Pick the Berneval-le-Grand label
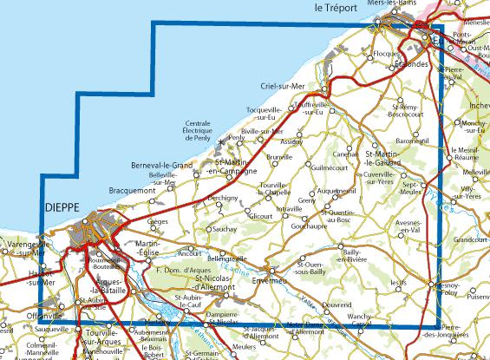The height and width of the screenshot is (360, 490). (160, 165)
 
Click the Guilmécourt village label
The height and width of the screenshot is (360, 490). (328, 167)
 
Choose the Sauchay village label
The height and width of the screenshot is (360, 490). (225, 228)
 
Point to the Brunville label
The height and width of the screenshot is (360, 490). (279, 156)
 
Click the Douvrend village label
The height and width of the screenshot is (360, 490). (336, 305)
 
